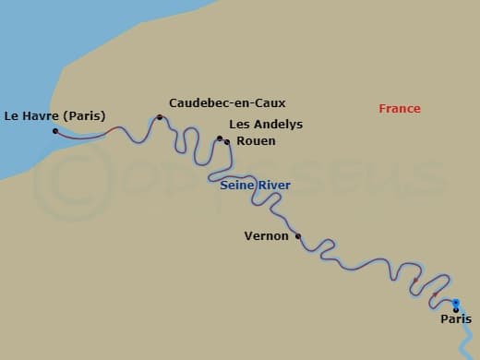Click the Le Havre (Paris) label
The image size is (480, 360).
pyautogui.click(x=54, y=115)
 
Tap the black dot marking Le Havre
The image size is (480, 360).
pyautogui.click(x=55, y=131)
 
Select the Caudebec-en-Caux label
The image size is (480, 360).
pyautogui.click(x=214, y=103)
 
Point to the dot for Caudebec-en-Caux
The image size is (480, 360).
pyautogui.click(x=160, y=117)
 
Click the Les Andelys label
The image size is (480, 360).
pyautogui.click(x=265, y=125)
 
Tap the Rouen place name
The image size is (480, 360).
pyautogui.click(x=256, y=141)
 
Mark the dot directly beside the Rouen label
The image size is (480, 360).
pyautogui.click(x=227, y=142)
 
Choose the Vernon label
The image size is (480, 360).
pyautogui.click(x=266, y=235)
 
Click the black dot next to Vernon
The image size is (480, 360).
pyautogui.click(x=297, y=236)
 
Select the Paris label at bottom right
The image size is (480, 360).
pyautogui.click(x=456, y=319)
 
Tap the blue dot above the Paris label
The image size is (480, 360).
pyautogui.click(x=456, y=302)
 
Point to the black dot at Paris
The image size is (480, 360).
pyautogui.click(x=456, y=310)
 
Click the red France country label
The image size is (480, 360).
pyautogui.click(x=400, y=109)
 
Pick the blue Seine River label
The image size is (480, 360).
pyautogui.click(x=256, y=186)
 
